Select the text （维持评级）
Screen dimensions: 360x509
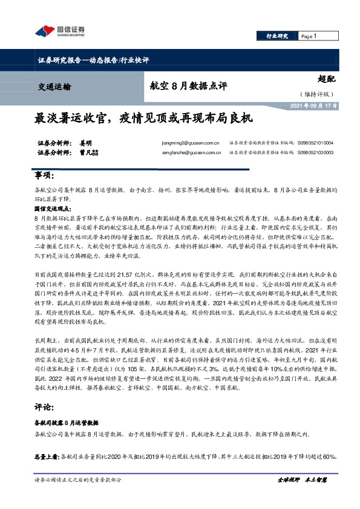tap(316, 94)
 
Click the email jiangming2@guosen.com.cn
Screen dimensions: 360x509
tap(186, 143)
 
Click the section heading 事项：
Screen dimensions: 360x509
tap(45, 175)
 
